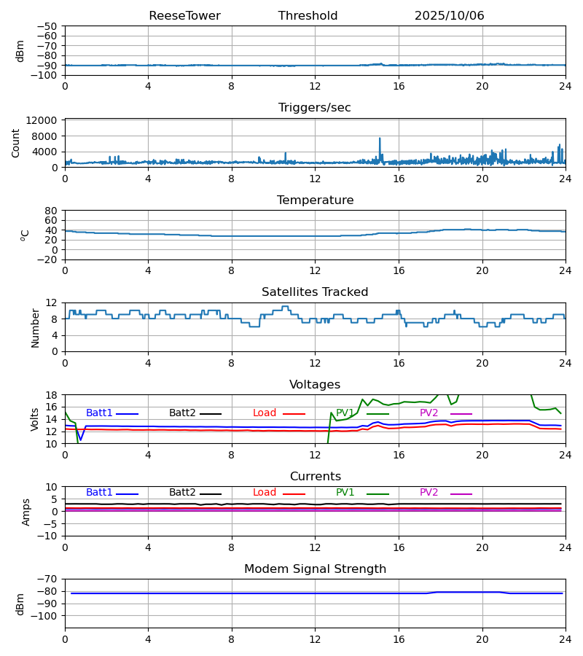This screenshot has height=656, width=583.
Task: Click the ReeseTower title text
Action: [184, 16]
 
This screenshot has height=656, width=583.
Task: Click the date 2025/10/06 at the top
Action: [449, 16]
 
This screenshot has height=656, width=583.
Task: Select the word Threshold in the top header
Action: [308, 16]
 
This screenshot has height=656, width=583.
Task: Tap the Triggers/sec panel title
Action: [315, 108]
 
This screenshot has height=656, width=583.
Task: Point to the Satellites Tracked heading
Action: [315, 292]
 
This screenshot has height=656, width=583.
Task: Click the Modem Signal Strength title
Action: [315, 569]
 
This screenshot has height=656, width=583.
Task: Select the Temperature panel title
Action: [315, 200]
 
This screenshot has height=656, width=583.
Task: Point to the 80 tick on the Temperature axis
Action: [51, 211]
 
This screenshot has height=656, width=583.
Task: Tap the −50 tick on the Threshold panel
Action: [47, 26]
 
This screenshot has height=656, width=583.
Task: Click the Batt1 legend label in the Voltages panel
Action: [99, 413]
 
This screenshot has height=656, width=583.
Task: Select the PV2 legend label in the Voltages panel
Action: [429, 413]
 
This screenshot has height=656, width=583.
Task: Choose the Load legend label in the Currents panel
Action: [265, 493]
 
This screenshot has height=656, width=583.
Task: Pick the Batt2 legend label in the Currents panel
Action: [182, 493]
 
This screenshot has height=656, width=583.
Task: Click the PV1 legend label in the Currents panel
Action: [345, 493]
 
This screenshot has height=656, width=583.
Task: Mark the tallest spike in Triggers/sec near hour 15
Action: [380, 138]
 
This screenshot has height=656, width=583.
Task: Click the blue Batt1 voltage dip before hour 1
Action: [81, 440]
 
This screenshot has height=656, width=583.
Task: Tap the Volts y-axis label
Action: [35, 419]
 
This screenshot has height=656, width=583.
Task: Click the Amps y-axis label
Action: [27, 512]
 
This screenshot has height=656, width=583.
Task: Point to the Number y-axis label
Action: [35, 327]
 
